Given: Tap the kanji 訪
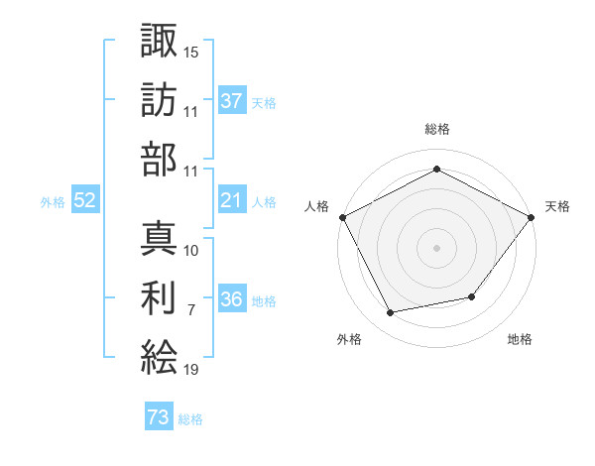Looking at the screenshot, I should click(159, 100).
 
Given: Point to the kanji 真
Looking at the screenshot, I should click(159, 239).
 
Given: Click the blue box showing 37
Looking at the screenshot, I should click(232, 101).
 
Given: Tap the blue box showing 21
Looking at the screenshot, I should click(232, 201).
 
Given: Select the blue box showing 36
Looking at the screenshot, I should click(232, 300).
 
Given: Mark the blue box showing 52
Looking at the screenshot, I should click(84, 201).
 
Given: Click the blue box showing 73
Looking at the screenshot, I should click(159, 418).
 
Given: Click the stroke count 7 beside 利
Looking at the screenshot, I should click(191, 310).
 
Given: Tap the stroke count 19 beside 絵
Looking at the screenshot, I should click(191, 371).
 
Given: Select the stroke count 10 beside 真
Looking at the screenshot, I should click(191, 250).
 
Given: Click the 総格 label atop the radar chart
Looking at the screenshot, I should click(436, 129).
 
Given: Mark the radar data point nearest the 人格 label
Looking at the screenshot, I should click(342, 216).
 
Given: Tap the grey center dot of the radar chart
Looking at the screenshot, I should click(436, 247).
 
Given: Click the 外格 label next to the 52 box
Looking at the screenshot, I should click(53, 202).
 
